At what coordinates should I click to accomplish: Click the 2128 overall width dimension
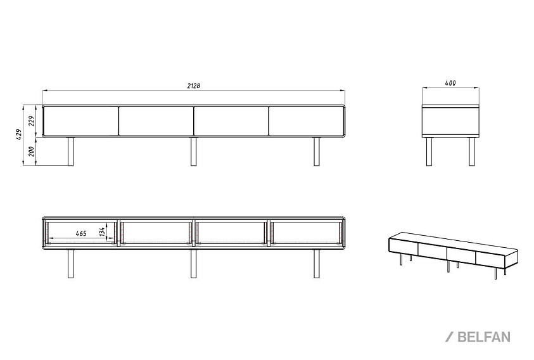[193, 86]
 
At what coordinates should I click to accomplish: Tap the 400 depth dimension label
[450, 83]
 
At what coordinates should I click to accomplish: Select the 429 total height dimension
[20, 134]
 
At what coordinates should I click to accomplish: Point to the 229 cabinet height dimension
[32, 120]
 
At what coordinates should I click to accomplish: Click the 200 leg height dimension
[32, 151]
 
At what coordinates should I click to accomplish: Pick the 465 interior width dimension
[80, 233]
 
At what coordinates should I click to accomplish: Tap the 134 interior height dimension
[102, 231]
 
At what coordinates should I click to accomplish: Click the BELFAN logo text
[483, 337]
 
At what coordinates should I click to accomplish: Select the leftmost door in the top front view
[81, 121]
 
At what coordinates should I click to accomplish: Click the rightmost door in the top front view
[306, 121]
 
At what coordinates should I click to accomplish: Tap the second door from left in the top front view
[156, 121]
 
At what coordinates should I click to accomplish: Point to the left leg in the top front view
[70, 151]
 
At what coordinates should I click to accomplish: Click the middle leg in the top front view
[193, 151]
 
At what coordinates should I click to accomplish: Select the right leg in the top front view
[316, 151]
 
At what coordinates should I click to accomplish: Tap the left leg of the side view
[429, 151]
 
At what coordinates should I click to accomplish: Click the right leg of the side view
[472, 151]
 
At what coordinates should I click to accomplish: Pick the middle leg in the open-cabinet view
[193, 264]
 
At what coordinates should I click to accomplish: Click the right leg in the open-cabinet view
[316, 264]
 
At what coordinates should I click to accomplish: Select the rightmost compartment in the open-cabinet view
[306, 233]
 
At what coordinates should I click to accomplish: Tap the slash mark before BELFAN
[450, 337]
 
